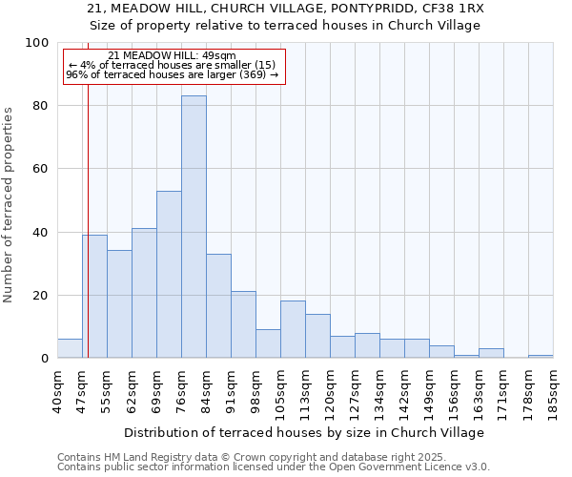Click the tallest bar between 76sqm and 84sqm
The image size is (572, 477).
point(194,227)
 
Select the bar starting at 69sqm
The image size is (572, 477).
point(169,275)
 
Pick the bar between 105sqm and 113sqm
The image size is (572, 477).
point(293,330)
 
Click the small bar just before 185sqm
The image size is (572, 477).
point(541,356)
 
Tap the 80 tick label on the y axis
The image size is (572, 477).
point(38,106)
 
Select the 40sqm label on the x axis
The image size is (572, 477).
point(58,390)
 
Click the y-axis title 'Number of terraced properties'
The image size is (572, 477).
point(10,204)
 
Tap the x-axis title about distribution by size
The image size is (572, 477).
point(304,432)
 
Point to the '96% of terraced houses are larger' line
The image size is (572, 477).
point(172,74)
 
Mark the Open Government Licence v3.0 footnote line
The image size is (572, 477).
point(274,467)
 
